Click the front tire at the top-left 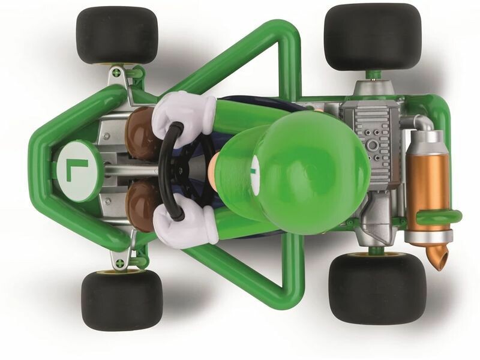point(117,36)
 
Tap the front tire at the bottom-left point(122,300)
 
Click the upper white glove point(183,115)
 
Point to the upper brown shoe point(142,134)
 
